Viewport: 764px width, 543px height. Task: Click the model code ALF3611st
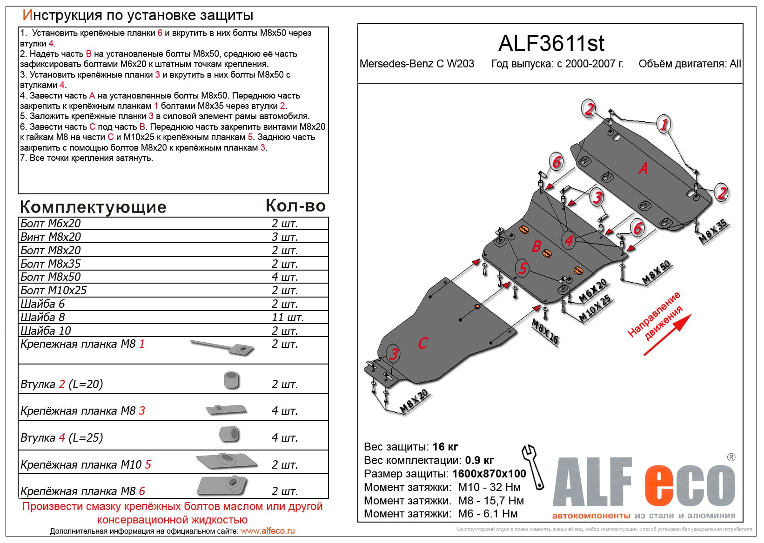click(551, 44)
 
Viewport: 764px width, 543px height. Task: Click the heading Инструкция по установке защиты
click(138, 15)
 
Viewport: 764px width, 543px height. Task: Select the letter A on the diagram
click(643, 168)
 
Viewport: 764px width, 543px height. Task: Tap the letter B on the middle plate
click(536, 246)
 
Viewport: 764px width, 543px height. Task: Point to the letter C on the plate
click(422, 343)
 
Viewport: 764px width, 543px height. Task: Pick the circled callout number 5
click(523, 268)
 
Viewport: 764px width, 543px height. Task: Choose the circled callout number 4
click(569, 240)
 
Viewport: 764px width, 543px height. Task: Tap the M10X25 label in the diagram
click(595, 309)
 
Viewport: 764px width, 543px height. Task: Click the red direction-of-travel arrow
click(667, 335)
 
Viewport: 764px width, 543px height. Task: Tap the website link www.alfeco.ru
click(268, 531)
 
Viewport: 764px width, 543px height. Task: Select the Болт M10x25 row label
click(54, 291)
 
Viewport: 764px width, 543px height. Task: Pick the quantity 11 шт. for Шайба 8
click(288, 318)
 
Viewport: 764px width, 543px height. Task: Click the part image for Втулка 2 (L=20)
click(231, 380)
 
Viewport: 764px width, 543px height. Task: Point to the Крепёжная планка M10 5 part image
click(227, 461)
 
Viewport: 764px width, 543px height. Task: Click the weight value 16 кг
click(445, 447)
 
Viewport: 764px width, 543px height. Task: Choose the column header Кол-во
click(295, 206)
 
